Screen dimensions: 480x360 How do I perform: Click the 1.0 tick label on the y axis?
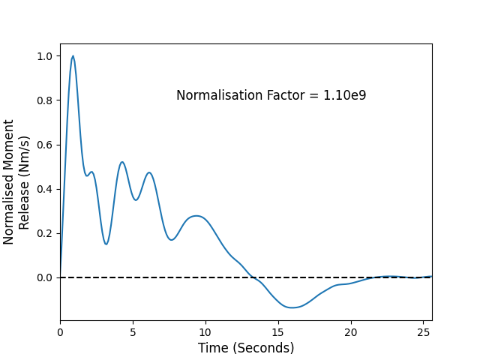click(x=45, y=56)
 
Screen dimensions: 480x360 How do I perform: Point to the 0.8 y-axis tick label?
click(x=45, y=100)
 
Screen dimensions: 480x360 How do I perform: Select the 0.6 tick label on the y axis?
click(x=45, y=145)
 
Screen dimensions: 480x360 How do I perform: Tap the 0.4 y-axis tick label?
click(x=45, y=189)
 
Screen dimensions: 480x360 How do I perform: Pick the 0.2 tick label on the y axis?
click(x=45, y=233)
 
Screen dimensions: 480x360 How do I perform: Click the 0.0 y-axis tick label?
click(x=45, y=277)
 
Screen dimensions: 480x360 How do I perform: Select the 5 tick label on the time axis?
click(x=133, y=332)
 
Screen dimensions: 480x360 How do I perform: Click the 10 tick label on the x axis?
click(x=205, y=332)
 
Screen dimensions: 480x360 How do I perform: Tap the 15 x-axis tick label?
click(x=278, y=332)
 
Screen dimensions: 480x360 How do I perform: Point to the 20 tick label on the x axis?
click(x=351, y=332)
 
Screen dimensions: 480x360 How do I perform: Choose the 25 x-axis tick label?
click(x=423, y=332)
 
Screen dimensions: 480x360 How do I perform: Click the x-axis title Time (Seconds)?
click(x=246, y=348)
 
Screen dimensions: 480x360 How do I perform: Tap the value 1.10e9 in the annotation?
click(x=345, y=95)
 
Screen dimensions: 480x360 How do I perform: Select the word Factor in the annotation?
click(x=286, y=95)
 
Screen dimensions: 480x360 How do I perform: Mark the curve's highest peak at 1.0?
click(x=73, y=56)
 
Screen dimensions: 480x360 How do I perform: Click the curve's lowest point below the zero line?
click(x=292, y=307)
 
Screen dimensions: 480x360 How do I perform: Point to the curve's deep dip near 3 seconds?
click(x=106, y=244)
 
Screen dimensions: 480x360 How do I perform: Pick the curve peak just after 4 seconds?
click(x=122, y=162)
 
